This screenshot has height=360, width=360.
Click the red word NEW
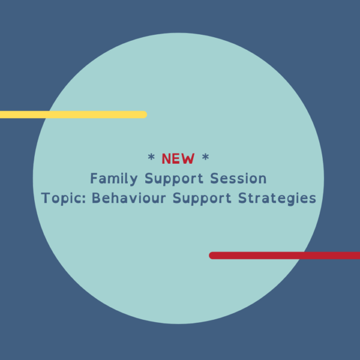178,159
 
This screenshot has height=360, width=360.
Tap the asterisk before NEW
151,158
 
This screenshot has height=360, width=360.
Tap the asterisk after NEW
205,158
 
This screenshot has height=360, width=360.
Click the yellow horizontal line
72,115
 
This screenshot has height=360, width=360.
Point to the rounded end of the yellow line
143,115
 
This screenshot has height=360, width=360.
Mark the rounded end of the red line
212,255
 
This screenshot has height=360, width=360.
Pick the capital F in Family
94,178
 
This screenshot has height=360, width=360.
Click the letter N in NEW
167,159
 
